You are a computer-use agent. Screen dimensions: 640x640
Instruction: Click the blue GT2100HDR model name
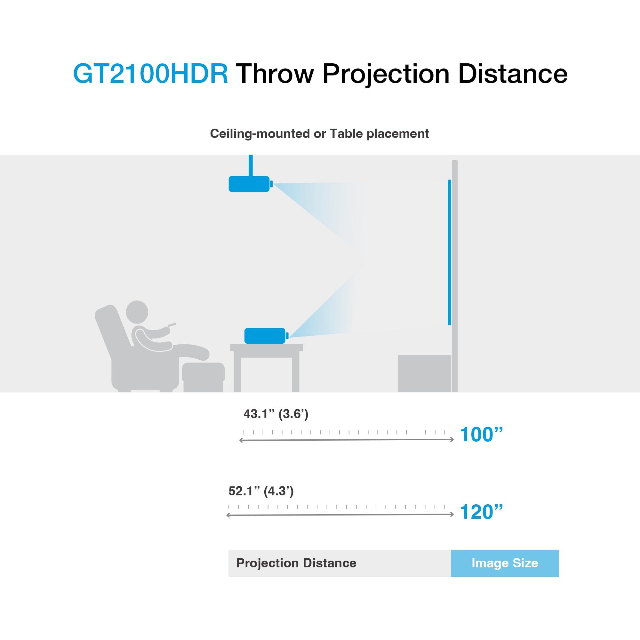(x=150, y=74)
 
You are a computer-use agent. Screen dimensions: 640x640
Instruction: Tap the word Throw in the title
(x=275, y=74)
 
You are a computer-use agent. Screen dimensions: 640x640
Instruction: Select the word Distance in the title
(x=512, y=74)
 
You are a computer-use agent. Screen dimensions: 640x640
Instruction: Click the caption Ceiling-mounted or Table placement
(x=319, y=134)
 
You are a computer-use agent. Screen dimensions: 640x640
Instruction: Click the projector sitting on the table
(x=265, y=336)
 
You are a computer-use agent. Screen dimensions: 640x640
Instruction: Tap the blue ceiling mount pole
(x=251, y=165)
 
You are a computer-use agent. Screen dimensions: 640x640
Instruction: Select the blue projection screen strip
(x=450, y=252)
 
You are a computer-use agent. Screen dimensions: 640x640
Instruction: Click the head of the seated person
(x=137, y=311)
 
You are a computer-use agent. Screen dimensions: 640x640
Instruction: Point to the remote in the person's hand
(x=171, y=324)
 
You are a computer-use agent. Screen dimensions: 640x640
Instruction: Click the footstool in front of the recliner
(x=203, y=376)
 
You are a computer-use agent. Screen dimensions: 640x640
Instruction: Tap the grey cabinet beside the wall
(x=424, y=373)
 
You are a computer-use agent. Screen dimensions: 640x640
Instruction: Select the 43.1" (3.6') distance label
(x=276, y=414)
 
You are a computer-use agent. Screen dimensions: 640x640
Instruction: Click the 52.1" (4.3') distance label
(x=261, y=491)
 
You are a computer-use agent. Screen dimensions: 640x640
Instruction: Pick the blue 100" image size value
(x=481, y=435)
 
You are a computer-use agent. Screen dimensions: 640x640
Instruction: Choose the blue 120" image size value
(x=481, y=512)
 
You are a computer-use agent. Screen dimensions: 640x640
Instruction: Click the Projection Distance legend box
(x=339, y=563)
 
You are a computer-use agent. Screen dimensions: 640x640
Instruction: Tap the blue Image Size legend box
(x=505, y=563)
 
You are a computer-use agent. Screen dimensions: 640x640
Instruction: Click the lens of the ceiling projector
(x=272, y=184)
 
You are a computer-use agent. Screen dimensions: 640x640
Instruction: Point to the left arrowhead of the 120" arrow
(x=228, y=515)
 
